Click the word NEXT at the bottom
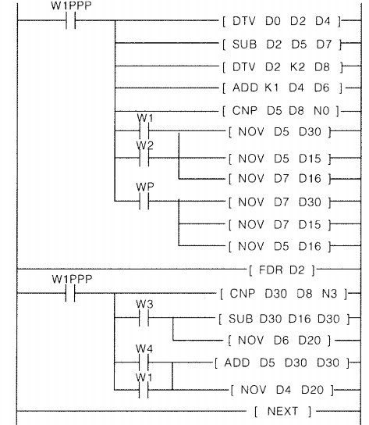coord(282,411)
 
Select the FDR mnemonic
coord(271,270)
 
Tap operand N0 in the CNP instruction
coord(321,111)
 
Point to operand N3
coord(329,294)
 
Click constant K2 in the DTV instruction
coord(297,66)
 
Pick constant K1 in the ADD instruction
coord(271,87)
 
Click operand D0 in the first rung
coord(272,21)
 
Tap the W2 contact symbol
coord(144,158)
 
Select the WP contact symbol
coord(144,201)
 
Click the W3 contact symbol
coord(144,317)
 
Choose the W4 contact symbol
coord(144,362)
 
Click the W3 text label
coord(144,304)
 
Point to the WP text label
coord(145,187)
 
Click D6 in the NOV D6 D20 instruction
coord(282,340)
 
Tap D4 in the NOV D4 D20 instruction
coord(283,390)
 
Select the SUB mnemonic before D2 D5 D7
coord(244,45)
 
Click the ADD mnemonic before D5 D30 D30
coord(237,362)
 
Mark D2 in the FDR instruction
coord(297,270)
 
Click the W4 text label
coord(144,348)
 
